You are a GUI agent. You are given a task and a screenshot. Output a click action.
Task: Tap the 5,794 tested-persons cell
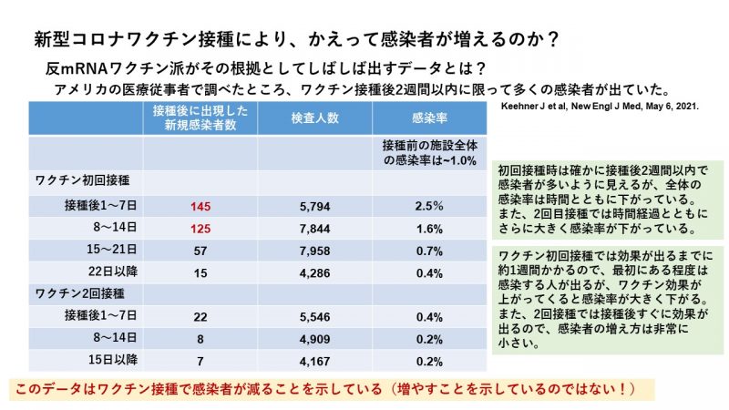coord(315,206)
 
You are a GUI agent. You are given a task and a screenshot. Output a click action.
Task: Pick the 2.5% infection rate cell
coord(428,206)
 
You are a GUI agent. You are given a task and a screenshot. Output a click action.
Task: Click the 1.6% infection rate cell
coord(428,228)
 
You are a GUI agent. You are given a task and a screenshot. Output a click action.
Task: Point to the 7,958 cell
coord(315,250)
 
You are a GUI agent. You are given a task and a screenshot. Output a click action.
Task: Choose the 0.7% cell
coord(428,250)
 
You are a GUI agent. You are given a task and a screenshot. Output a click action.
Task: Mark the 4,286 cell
coord(315,272)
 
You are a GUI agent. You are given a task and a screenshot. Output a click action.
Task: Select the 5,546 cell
coord(315,315)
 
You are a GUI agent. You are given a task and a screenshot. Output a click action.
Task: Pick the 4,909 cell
coord(315,337)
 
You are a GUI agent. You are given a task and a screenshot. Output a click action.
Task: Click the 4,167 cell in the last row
coord(315,359)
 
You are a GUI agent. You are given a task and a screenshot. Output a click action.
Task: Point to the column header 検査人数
coord(315,118)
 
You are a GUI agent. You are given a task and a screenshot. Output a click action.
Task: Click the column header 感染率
coord(428,118)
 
